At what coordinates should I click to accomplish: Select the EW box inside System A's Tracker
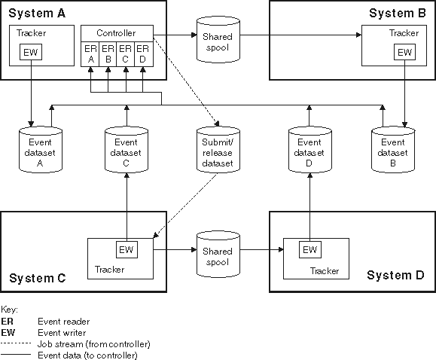[x=30, y=53]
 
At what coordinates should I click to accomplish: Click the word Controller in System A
[x=117, y=33]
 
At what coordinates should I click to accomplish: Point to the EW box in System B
[x=405, y=52]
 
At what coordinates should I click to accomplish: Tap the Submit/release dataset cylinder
[x=217, y=147]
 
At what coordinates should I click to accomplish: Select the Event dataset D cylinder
[x=309, y=147]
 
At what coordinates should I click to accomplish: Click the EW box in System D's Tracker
[x=309, y=249]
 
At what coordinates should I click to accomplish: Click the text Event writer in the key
[x=63, y=332]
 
